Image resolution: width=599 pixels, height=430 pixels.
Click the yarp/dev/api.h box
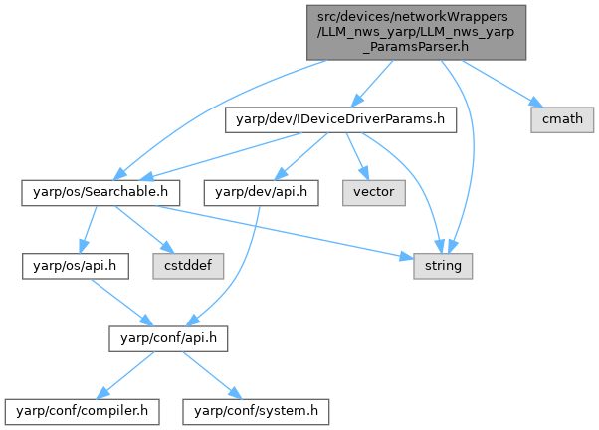pos(261,191)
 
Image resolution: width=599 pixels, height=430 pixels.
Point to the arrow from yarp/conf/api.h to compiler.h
pos(120,373)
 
